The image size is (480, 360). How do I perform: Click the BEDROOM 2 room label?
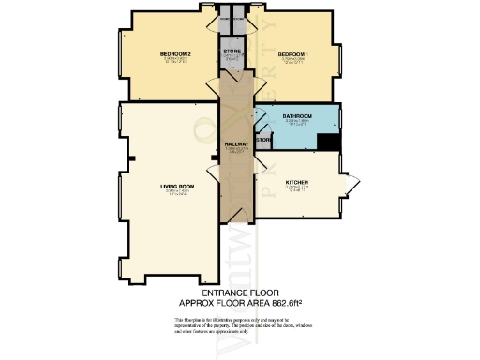click(176, 54)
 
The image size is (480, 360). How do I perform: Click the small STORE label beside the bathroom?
click(263, 140)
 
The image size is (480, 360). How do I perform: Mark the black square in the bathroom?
click(327, 142)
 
